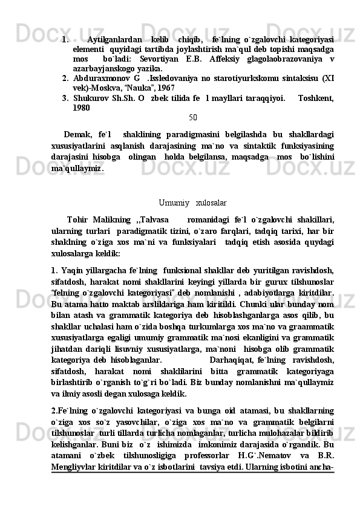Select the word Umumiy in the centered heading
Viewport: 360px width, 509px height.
click(173, 202)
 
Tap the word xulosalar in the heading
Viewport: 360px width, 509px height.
click(212, 202)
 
